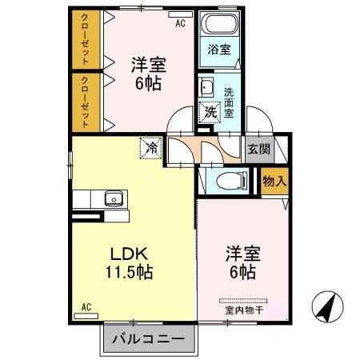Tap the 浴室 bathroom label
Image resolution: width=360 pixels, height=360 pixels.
pyautogui.click(x=219, y=50)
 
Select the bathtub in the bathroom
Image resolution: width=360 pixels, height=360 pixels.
pyautogui.click(x=219, y=25)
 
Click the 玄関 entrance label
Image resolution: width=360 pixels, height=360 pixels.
pyautogui.click(x=258, y=148)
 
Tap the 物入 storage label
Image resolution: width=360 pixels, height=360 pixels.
pyautogui.click(x=274, y=182)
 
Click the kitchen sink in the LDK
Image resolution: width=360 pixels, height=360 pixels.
pyautogui.click(x=113, y=198)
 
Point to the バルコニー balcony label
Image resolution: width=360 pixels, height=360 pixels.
pyautogui.click(x=147, y=339)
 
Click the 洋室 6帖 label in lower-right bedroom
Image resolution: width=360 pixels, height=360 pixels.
pyautogui.click(x=239, y=262)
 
